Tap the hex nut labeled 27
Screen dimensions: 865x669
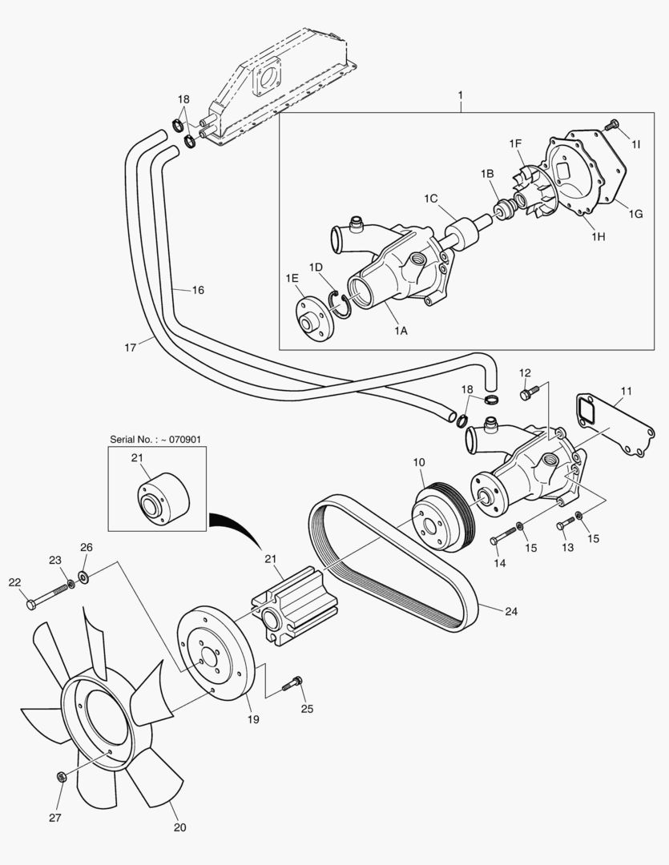point(62,776)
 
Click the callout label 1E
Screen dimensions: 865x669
point(292,279)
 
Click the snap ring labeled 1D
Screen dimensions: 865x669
point(342,305)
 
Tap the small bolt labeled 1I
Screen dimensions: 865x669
point(613,125)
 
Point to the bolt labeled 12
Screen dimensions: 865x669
point(527,393)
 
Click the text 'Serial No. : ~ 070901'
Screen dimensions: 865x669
point(156,440)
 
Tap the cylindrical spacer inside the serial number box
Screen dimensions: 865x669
point(159,499)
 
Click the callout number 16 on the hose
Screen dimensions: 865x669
point(197,290)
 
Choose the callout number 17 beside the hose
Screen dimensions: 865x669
point(131,347)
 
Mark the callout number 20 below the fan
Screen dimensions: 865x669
point(179,827)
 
